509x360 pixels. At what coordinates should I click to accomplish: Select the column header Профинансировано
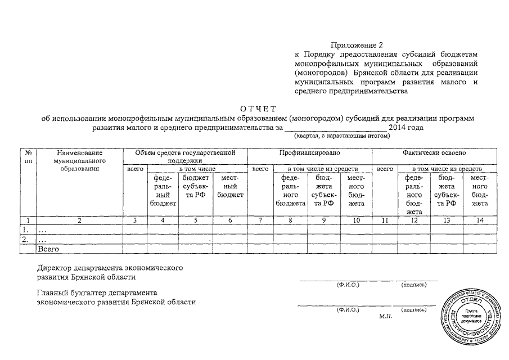(x=309, y=152)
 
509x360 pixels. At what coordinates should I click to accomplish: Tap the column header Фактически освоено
(x=434, y=152)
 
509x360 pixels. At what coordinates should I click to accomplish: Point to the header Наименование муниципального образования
(x=80, y=160)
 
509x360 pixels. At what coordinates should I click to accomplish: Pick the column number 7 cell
(x=260, y=220)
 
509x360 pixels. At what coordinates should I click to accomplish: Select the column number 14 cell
(x=479, y=220)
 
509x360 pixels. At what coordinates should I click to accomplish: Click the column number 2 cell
(x=80, y=220)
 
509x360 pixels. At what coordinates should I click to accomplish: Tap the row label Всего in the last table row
(x=48, y=248)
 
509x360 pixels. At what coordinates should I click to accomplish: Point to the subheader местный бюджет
(x=230, y=186)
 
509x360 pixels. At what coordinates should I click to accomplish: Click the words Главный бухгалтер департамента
(x=97, y=293)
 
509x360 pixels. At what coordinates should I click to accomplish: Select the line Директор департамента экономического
(x=110, y=268)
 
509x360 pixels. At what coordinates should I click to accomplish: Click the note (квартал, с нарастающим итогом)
(x=341, y=136)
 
